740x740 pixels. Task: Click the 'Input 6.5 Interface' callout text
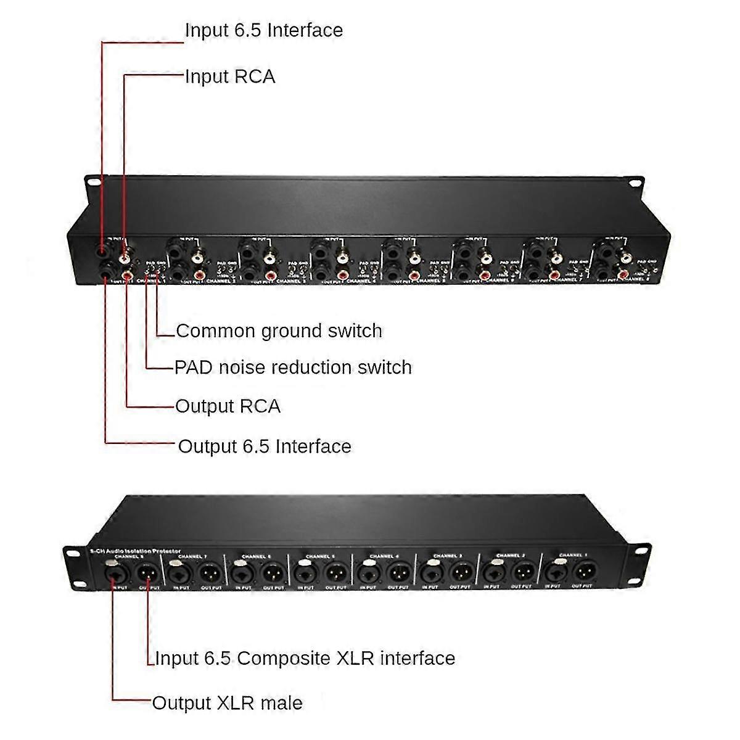263,30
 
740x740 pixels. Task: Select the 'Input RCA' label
230,76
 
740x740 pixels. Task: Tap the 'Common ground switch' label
279,331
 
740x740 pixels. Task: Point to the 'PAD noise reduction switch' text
293,368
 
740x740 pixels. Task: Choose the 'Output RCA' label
228,406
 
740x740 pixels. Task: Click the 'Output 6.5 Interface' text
264,446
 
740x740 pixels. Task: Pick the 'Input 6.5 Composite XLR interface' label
305,658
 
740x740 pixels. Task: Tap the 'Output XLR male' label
227,703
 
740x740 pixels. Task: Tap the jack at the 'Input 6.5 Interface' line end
102,252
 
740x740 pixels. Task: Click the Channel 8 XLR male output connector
148,573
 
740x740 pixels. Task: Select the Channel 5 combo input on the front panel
304,573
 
